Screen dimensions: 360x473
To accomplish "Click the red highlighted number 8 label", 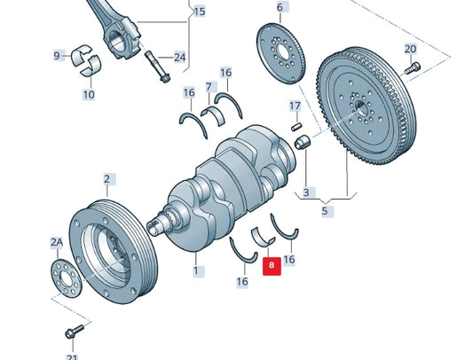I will tap(272, 263).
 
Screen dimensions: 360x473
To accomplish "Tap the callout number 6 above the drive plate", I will tap(280, 8).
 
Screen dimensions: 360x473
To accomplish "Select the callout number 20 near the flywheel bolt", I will tap(410, 49).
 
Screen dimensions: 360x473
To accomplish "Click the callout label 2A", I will tap(57, 242).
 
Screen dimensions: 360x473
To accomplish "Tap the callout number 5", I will tap(325, 212).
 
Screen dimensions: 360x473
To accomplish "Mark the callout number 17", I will tap(296, 106).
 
